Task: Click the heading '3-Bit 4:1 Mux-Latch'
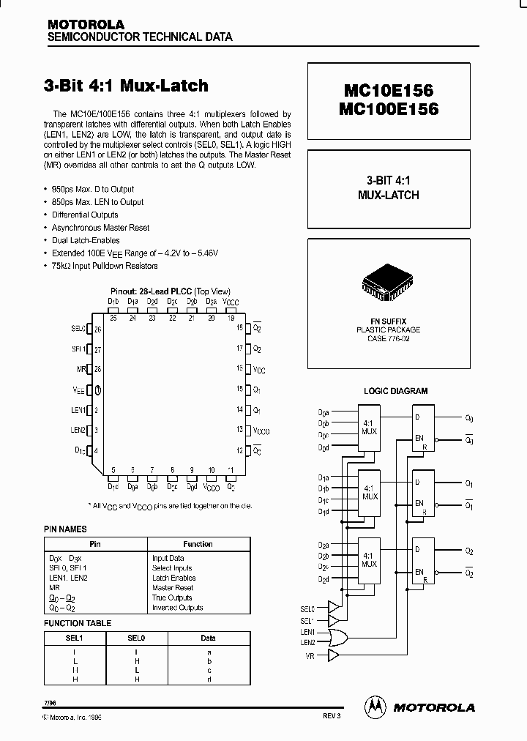point(127,86)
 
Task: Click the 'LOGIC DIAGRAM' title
point(396,391)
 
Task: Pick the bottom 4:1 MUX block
point(369,559)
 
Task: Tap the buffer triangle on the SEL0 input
point(334,606)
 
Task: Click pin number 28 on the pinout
point(97,369)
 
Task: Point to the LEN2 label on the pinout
point(78,430)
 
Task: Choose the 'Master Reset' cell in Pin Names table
point(173,587)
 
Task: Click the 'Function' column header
point(198,544)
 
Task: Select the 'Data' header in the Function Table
point(209,638)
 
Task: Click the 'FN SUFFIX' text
point(388,321)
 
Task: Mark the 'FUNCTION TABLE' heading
point(78,623)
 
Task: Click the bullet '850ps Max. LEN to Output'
point(97,202)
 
